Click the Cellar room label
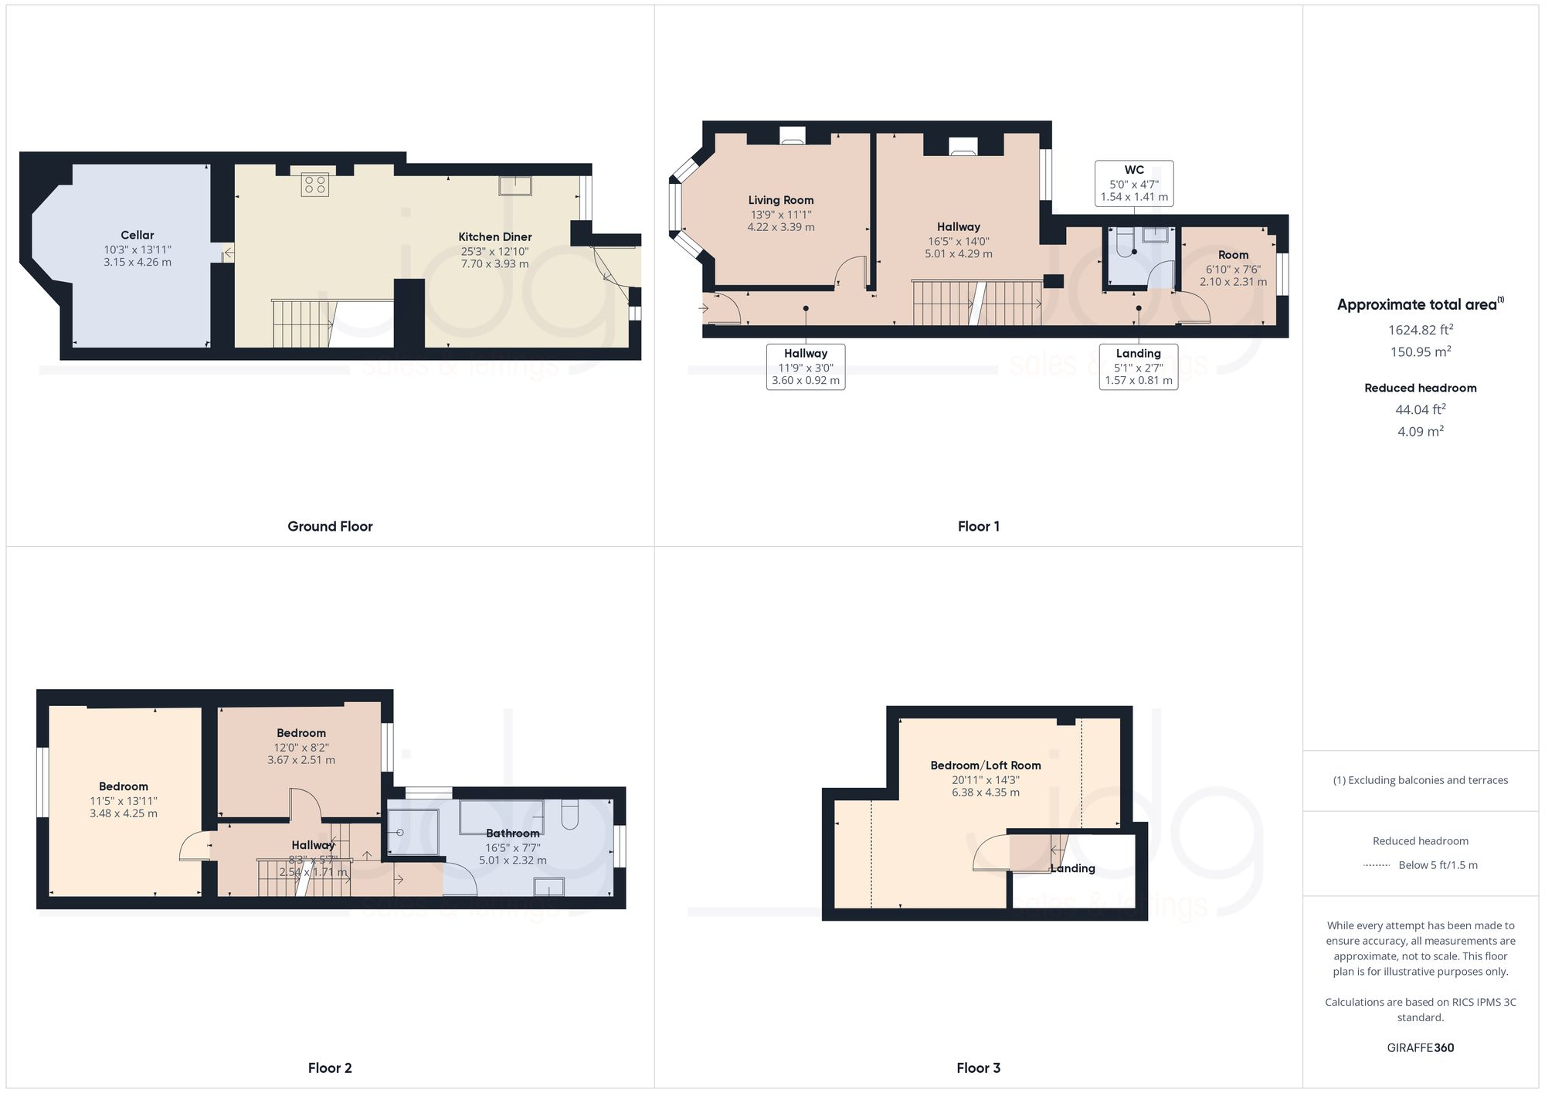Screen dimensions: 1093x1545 click(x=137, y=235)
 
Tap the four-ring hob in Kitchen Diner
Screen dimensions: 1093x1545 click(x=315, y=184)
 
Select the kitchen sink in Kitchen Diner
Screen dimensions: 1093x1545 click(x=514, y=185)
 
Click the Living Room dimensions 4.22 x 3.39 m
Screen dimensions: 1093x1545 click(x=780, y=227)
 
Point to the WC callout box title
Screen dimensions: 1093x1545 click(x=1134, y=170)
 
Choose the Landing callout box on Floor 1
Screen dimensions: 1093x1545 click(x=1138, y=367)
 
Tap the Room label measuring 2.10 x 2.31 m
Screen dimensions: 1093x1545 click(x=1233, y=255)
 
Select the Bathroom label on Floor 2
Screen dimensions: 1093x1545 click(x=512, y=833)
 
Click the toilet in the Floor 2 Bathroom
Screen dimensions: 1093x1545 click(x=570, y=815)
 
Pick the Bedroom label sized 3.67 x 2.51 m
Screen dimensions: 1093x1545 click(x=301, y=733)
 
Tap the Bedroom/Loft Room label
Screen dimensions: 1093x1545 click(x=985, y=765)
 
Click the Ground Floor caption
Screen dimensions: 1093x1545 click(x=330, y=527)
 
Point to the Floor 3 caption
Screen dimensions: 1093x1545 click(x=978, y=1068)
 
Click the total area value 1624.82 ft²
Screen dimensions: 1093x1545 click(x=1420, y=330)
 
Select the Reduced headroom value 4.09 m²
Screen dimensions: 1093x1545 click(x=1420, y=432)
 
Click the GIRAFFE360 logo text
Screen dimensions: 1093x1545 click(x=1420, y=1048)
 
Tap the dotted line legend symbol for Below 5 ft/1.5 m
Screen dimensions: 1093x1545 click(x=1377, y=865)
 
